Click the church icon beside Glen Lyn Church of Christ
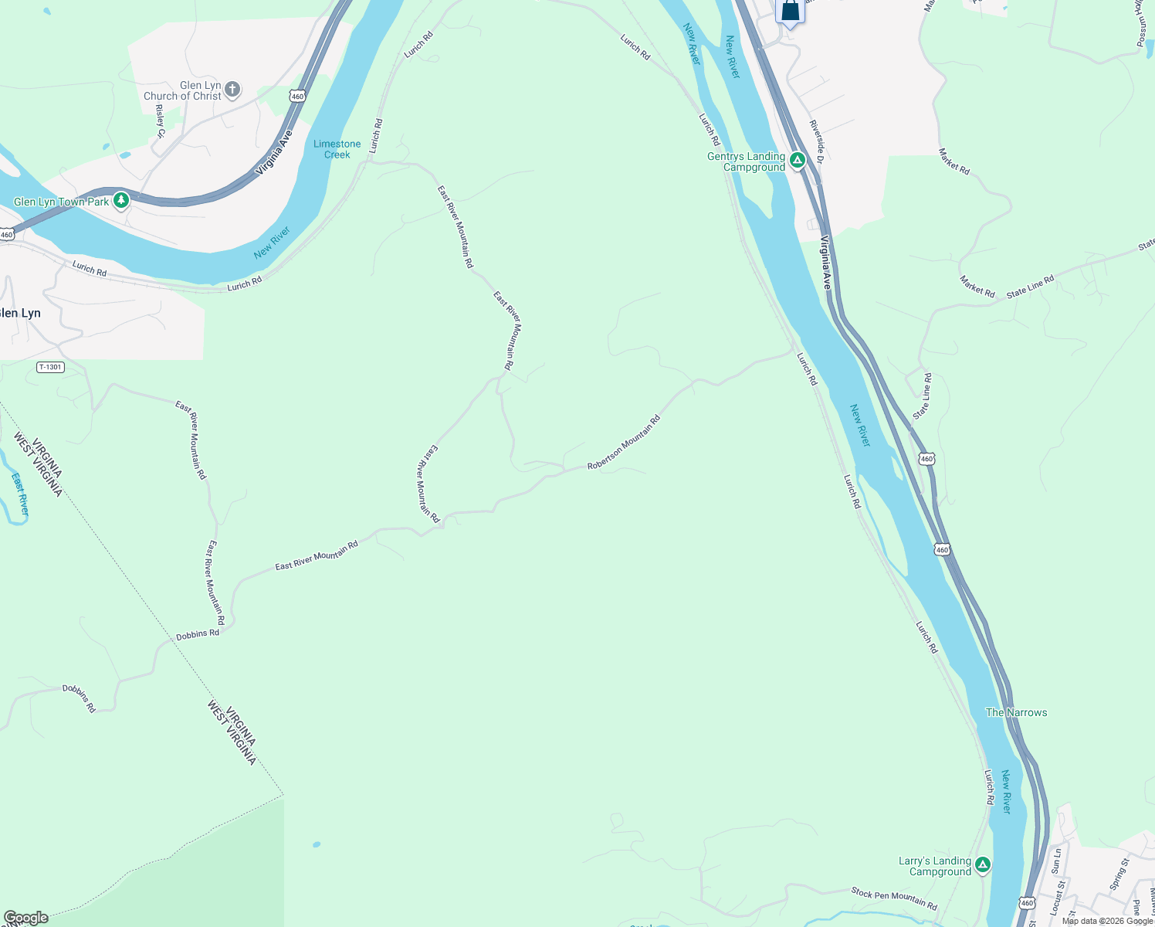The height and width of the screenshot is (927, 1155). pyautogui.click(x=232, y=90)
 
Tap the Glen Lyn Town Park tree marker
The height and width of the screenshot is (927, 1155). pyautogui.click(x=120, y=201)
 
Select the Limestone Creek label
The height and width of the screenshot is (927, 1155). pyautogui.click(x=337, y=149)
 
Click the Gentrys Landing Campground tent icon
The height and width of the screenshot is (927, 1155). pyautogui.click(x=798, y=161)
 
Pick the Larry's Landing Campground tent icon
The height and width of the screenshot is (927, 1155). pyautogui.click(x=983, y=865)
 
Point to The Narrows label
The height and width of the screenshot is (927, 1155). pyautogui.click(x=1016, y=712)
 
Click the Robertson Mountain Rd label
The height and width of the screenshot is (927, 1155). pyautogui.click(x=624, y=443)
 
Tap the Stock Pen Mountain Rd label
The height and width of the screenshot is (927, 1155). pyautogui.click(x=894, y=898)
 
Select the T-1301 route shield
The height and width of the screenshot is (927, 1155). pyautogui.click(x=50, y=367)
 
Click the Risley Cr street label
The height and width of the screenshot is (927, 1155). pyautogui.click(x=161, y=121)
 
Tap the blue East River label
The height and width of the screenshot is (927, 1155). pyautogui.click(x=21, y=494)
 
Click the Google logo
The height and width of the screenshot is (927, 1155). pyautogui.click(x=25, y=918)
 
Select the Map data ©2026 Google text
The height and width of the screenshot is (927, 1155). pyautogui.click(x=1107, y=921)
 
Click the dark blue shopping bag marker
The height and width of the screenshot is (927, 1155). pyautogui.click(x=790, y=12)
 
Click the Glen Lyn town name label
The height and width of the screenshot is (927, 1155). pyautogui.click(x=21, y=313)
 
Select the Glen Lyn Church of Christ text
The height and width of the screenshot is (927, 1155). pyautogui.click(x=183, y=90)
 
